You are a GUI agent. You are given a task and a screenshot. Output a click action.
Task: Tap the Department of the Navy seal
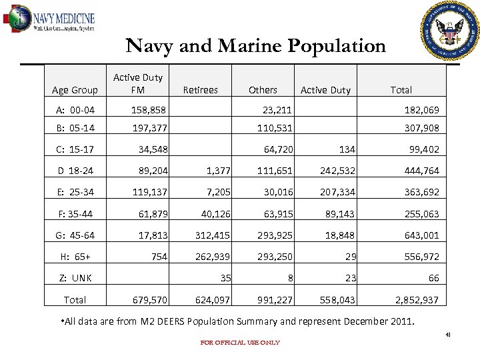[450, 31]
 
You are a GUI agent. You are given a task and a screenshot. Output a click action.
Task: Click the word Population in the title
[337, 46]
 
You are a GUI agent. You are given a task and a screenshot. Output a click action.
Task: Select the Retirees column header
[200, 90]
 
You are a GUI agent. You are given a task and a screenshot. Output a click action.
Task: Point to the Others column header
[263, 90]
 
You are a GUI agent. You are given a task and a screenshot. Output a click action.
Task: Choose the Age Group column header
[75, 90]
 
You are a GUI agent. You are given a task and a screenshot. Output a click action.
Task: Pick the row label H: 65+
[75, 257]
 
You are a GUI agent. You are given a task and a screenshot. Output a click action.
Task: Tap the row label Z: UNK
[75, 278]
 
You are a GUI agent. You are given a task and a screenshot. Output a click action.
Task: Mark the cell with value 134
[346, 149]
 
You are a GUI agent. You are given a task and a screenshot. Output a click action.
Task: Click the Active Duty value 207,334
[337, 192]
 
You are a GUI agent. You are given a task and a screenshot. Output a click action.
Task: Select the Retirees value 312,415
[212, 235]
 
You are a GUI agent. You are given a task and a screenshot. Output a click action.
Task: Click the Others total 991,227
[275, 300]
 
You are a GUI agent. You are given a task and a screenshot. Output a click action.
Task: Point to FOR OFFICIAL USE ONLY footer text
[240, 343]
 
